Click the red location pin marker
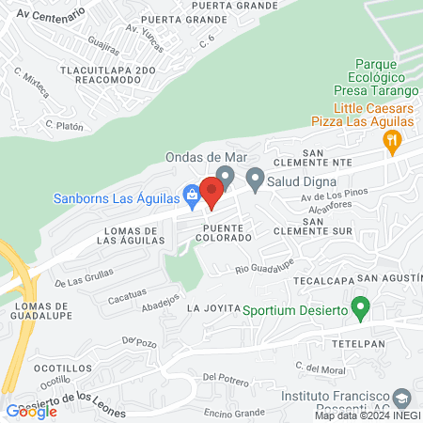click(212, 193)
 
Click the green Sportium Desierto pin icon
click(359, 306)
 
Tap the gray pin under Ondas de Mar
click(225, 176)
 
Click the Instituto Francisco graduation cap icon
click(402, 397)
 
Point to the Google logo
click(31, 412)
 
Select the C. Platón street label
click(65, 124)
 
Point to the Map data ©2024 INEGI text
click(367, 415)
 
